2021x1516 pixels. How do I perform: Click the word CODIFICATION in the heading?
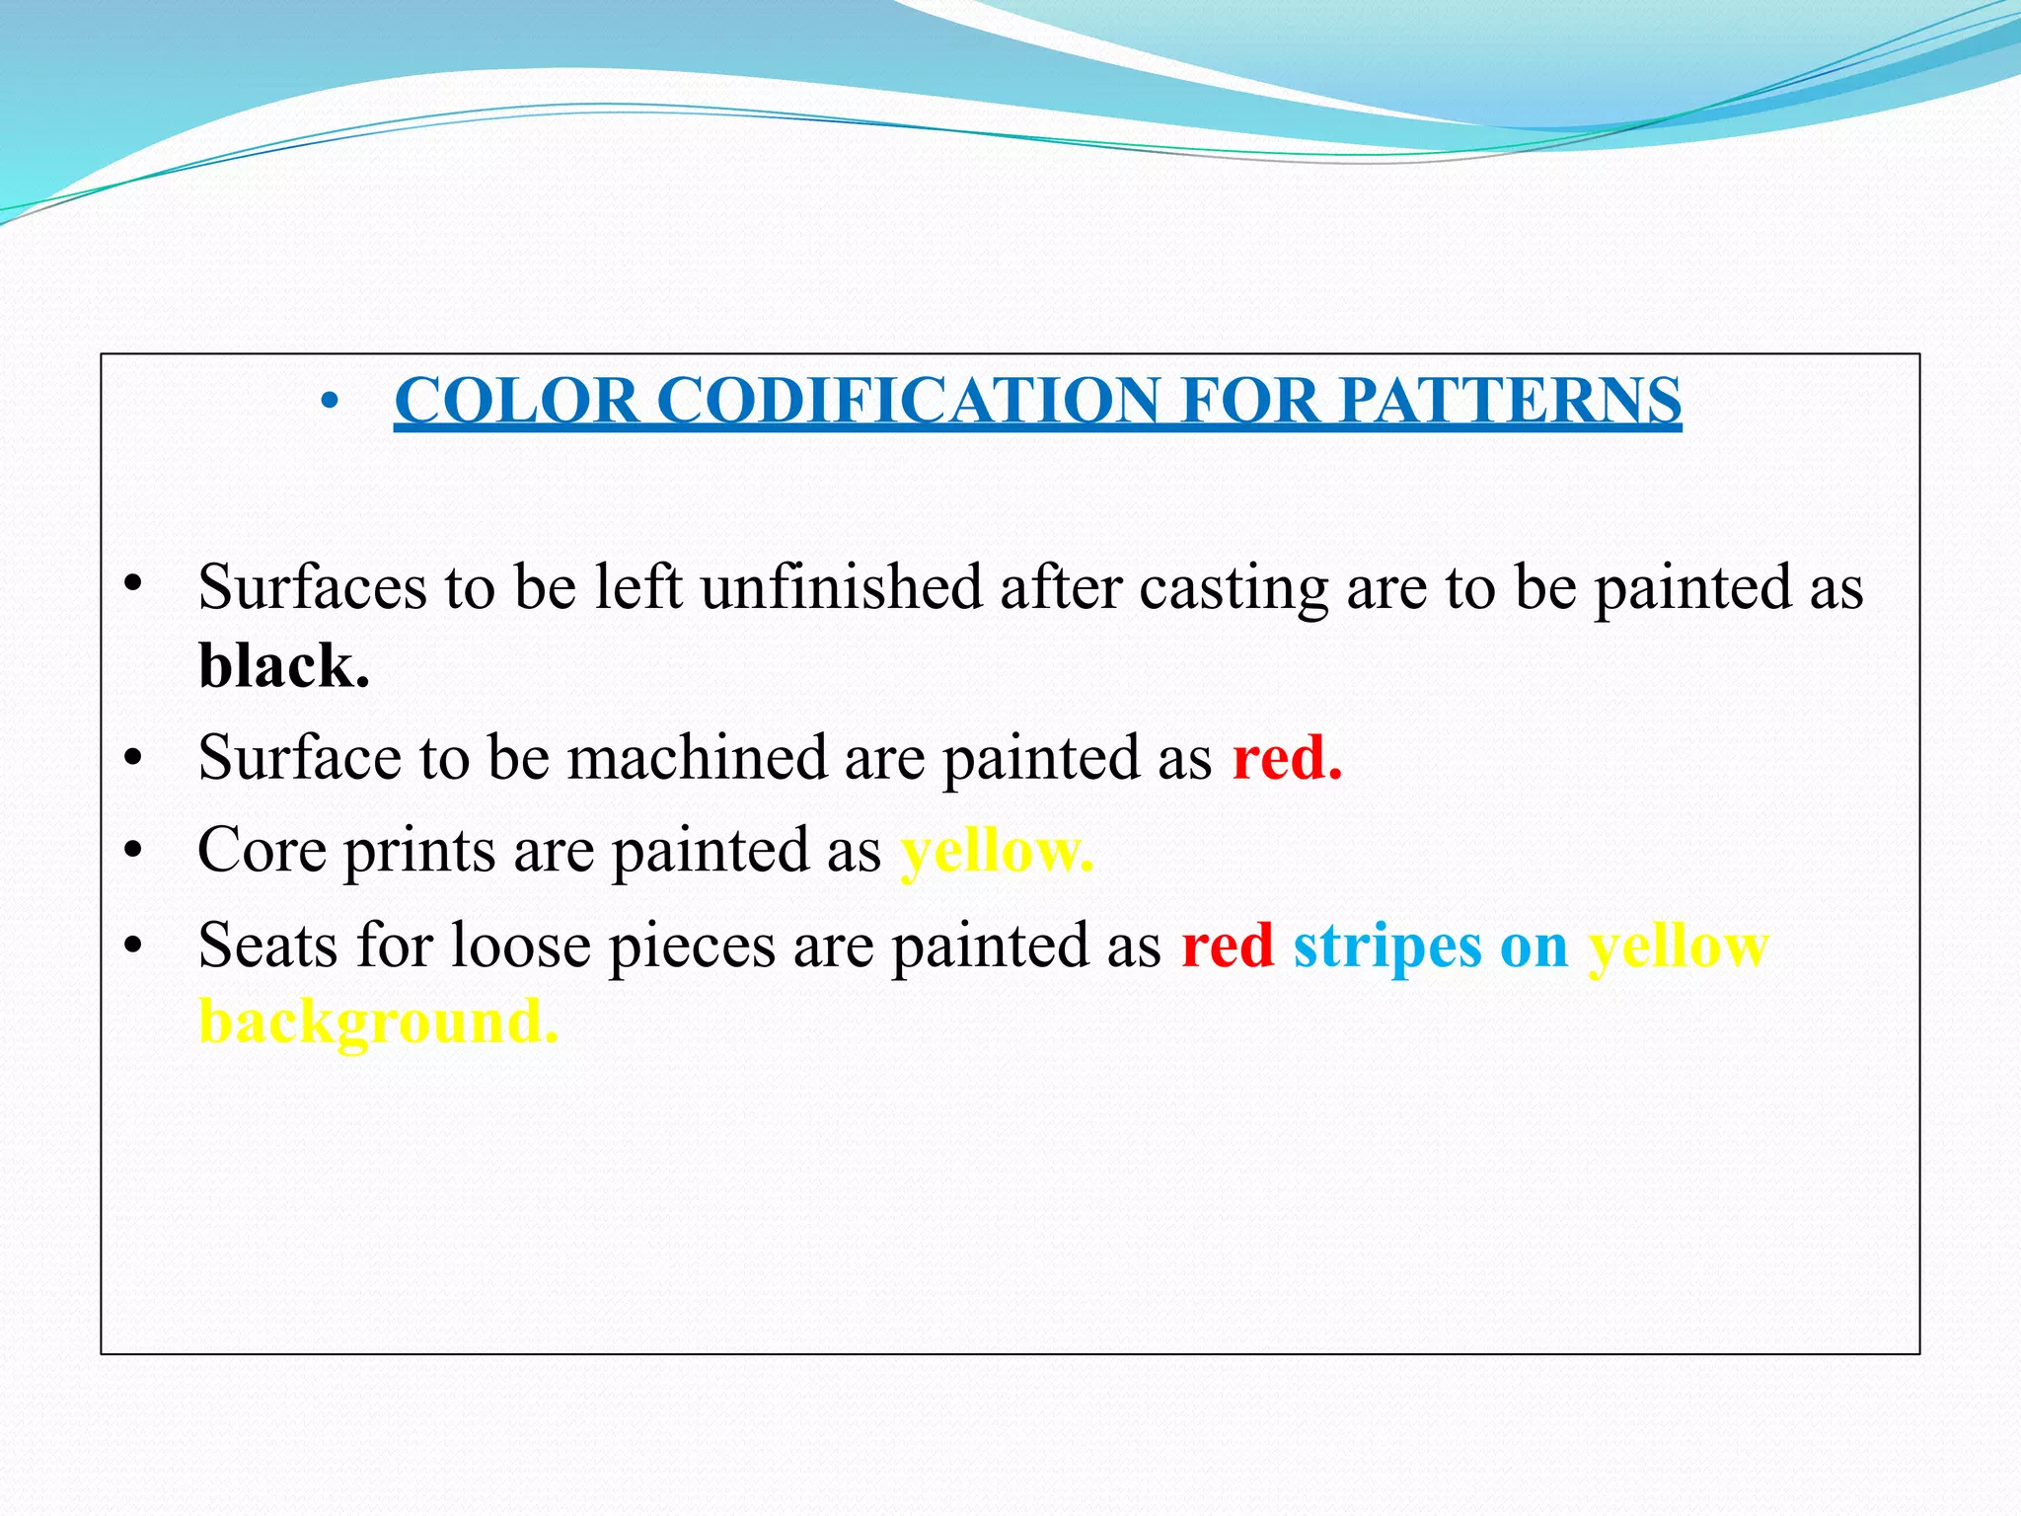click(908, 401)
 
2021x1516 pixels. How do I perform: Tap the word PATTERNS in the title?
click(1510, 401)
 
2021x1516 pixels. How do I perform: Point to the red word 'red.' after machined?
click(1287, 758)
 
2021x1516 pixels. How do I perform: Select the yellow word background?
click(378, 1022)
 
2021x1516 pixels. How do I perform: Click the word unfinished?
click(842, 587)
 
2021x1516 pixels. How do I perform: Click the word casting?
click(1234, 589)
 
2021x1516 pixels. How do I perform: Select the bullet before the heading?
click(331, 402)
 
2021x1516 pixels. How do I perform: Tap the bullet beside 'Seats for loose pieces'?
click(134, 946)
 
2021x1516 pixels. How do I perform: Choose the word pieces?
click(691, 947)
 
